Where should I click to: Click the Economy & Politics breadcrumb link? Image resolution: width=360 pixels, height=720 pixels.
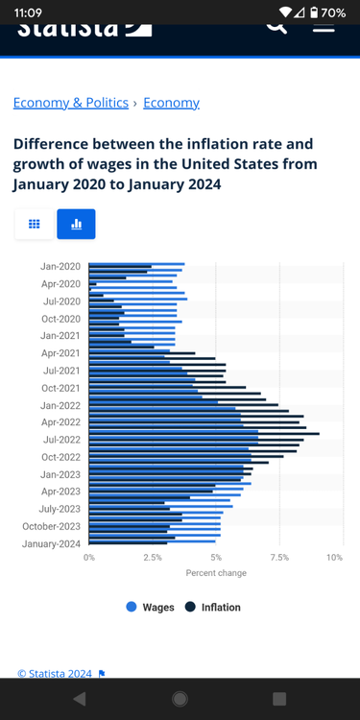pyautogui.click(x=70, y=103)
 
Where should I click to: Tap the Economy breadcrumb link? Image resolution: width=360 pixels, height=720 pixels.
pyautogui.click(x=171, y=103)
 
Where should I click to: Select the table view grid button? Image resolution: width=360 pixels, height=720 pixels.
pyautogui.click(x=34, y=224)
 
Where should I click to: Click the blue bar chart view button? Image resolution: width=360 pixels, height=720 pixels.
pyautogui.click(x=76, y=224)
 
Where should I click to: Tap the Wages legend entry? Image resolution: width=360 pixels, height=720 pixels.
pyautogui.click(x=151, y=607)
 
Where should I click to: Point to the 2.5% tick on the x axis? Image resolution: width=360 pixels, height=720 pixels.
pyautogui.click(x=152, y=557)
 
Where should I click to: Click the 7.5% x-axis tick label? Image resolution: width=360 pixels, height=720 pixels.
pyautogui.click(x=279, y=557)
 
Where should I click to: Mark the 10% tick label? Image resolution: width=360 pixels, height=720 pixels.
pyautogui.click(x=334, y=557)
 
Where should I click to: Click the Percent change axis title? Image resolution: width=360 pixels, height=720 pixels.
pyautogui.click(x=216, y=573)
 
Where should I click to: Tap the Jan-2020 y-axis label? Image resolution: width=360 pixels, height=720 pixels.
pyautogui.click(x=60, y=266)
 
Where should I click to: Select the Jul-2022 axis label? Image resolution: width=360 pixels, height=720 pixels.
pyautogui.click(x=61, y=440)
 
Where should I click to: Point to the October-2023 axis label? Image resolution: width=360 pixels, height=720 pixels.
pyautogui.click(x=52, y=526)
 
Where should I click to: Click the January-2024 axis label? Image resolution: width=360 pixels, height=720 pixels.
pyautogui.click(x=52, y=543)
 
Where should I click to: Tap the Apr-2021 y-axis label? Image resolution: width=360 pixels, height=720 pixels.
pyautogui.click(x=60, y=352)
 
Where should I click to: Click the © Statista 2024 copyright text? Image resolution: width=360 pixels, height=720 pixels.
pyautogui.click(x=55, y=674)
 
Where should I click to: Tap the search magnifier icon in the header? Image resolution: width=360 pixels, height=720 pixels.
pyautogui.click(x=276, y=25)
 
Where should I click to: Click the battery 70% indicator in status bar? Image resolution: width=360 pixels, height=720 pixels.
pyautogui.click(x=326, y=12)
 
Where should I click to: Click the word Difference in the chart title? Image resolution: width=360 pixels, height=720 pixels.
pyautogui.click(x=53, y=144)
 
